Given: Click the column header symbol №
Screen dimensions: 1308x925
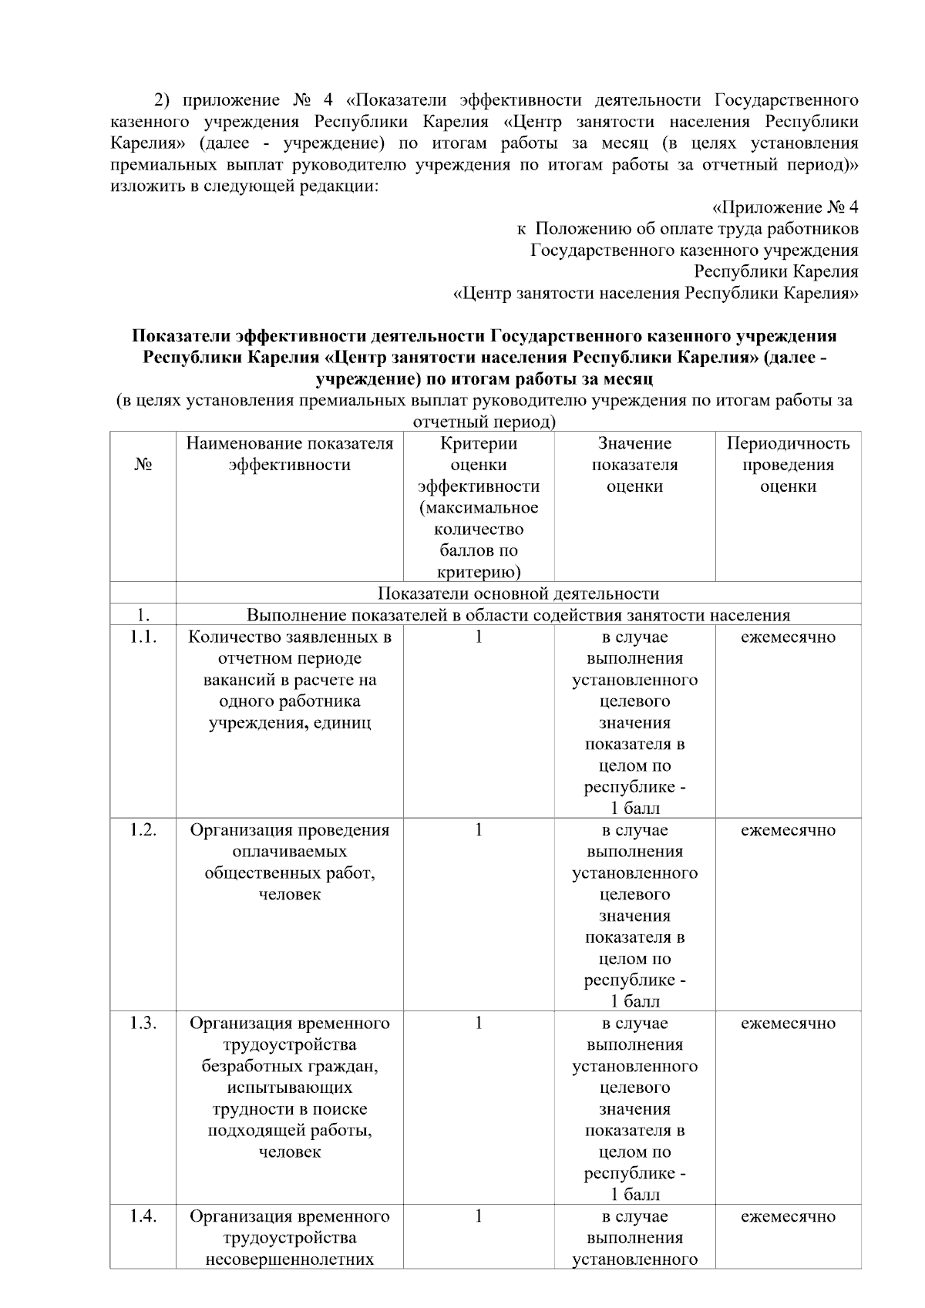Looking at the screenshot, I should [x=142, y=465].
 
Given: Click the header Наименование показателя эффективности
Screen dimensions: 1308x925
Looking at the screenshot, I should [x=290, y=454].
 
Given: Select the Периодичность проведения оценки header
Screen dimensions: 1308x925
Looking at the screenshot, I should [x=788, y=465].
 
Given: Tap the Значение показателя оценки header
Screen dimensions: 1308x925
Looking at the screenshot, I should [x=634, y=465].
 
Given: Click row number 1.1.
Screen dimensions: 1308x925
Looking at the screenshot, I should [x=143, y=637].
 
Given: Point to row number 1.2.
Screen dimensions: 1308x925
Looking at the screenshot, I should [x=143, y=830].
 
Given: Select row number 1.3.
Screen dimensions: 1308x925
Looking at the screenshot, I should [x=143, y=1024].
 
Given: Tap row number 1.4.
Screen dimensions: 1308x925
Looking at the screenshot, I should [x=143, y=1216].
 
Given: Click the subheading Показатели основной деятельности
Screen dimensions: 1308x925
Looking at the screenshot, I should [x=518, y=593].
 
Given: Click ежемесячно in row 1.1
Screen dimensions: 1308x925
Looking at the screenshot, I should [x=788, y=637].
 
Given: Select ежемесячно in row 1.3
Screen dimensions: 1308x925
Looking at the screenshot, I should [x=788, y=1024].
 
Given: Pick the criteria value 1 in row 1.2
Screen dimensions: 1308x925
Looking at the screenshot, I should [x=479, y=830].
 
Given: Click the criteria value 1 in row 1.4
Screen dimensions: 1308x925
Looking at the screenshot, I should [x=479, y=1216].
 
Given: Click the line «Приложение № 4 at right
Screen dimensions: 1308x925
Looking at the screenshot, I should [x=784, y=207].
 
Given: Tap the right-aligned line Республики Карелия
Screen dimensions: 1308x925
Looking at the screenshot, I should [x=775, y=272].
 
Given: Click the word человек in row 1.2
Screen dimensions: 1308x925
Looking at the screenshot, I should [x=290, y=895].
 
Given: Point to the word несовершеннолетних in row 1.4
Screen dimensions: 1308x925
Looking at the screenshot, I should [x=290, y=1259].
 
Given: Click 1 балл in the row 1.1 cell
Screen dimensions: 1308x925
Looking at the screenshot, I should [x=634, y=809].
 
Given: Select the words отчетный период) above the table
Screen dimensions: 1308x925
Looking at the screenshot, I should [x=484, y=422].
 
